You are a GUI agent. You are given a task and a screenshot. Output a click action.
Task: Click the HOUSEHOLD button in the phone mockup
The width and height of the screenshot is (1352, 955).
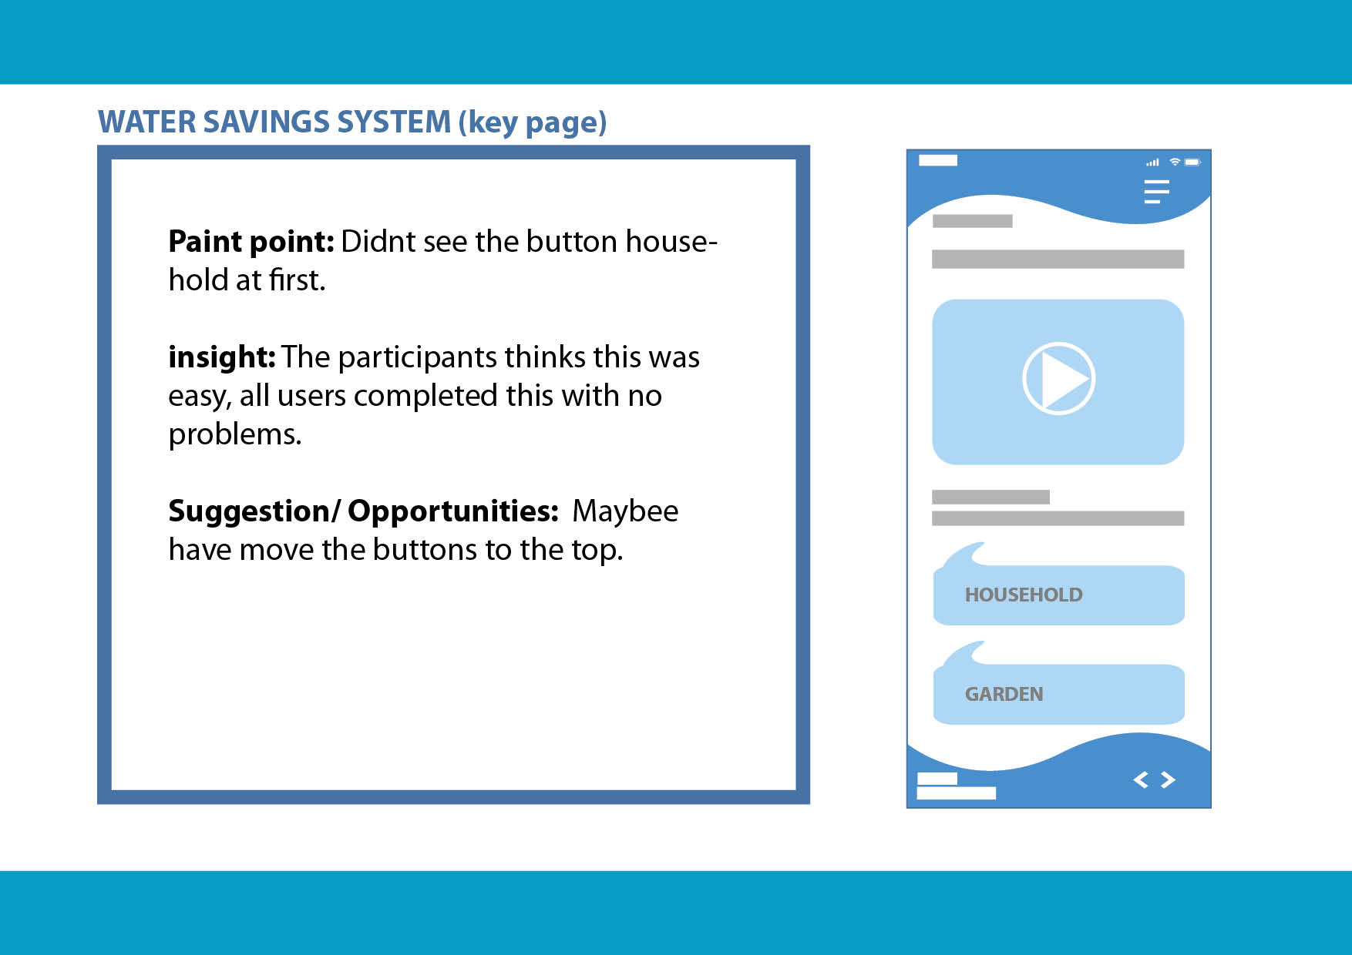[1058, 595]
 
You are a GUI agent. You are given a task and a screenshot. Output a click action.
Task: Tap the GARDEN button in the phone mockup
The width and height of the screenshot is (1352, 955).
[1058, 694]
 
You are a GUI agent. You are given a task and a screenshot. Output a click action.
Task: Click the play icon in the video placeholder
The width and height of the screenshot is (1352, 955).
[1058, 378]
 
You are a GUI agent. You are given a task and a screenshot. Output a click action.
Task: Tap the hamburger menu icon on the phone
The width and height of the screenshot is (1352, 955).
[1156, 191]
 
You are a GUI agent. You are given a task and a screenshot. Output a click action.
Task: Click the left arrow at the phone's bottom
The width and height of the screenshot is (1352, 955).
[1141, 780]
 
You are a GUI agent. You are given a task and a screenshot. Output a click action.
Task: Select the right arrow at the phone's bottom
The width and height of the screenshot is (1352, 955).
[1168, 780]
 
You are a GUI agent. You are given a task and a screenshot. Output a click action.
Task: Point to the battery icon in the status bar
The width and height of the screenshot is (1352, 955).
[1192, 163]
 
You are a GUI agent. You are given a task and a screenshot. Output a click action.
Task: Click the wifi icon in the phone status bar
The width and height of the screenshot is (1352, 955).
[1175, 162]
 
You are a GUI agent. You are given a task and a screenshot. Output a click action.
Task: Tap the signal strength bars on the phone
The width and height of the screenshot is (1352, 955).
[1152, 163]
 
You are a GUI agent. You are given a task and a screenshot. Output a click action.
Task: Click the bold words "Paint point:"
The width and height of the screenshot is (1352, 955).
[251, 242]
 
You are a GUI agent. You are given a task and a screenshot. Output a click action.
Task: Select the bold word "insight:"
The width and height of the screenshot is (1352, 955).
[222, 357]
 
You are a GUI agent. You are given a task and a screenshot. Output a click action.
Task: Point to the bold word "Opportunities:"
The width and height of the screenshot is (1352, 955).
[453, 511]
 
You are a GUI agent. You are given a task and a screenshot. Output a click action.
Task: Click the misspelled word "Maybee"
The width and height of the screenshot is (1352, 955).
[625, 511]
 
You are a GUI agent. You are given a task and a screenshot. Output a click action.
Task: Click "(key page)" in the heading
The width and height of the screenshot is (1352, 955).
[533, 123]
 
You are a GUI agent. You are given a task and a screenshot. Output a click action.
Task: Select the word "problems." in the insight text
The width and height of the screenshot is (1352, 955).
[235, 435]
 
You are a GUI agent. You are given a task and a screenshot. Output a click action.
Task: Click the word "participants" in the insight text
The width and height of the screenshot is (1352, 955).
[417, 358]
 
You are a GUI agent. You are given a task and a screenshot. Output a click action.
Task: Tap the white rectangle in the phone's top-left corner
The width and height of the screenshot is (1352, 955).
[938, 160]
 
